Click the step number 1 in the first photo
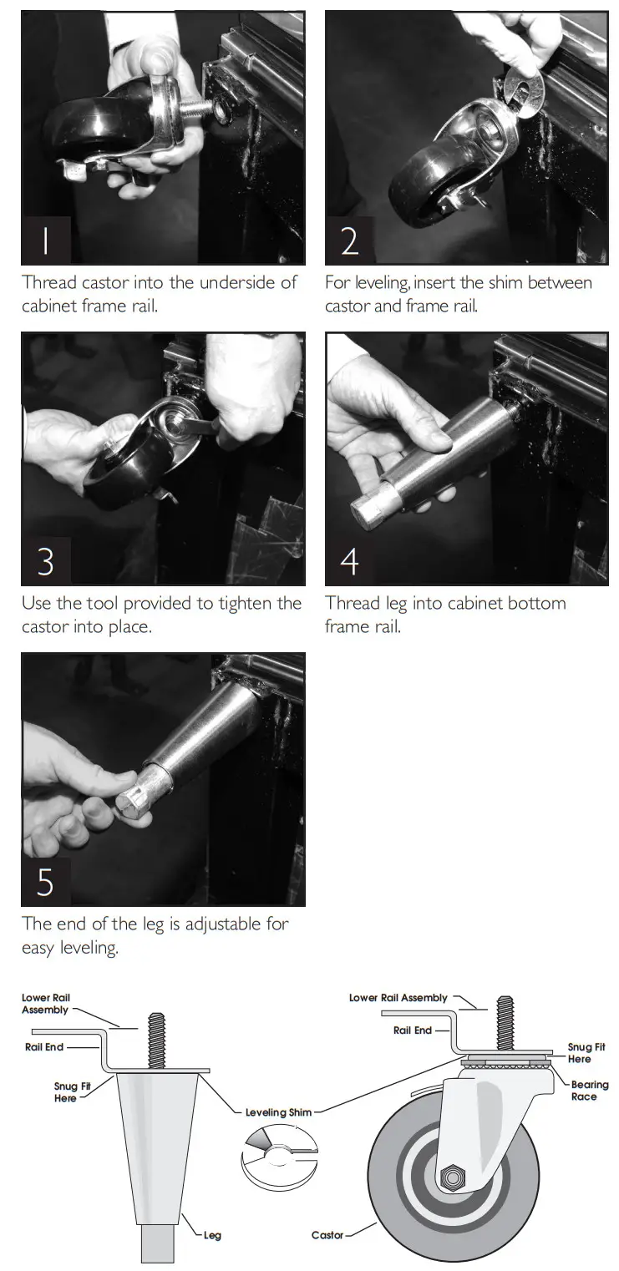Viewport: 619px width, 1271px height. coord(46,241)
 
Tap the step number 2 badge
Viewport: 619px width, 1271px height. coord(349,241)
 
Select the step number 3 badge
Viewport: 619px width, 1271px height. coord(46,561)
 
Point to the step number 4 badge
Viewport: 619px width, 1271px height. coord(349,561)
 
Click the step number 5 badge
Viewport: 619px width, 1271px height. coord(46,882)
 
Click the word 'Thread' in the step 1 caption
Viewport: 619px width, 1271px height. coord(49,282)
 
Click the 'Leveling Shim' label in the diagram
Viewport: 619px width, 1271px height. coord(278,1112)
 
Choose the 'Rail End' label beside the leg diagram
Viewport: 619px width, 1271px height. coord(43,1047)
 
